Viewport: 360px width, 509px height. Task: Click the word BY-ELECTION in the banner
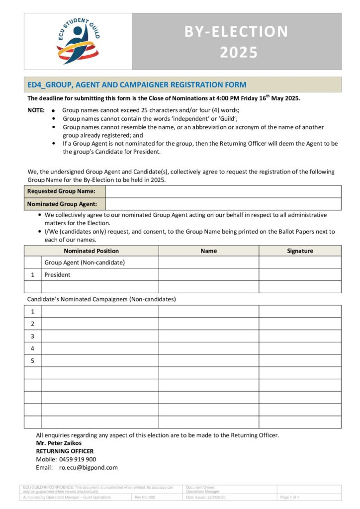point(236,31)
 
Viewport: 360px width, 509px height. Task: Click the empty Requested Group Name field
point(223,191)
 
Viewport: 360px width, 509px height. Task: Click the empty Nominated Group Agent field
point(223,204)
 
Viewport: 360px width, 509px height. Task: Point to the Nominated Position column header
point(91,251)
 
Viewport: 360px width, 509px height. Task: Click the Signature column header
point(300,251)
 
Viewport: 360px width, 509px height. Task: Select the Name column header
point(208,251)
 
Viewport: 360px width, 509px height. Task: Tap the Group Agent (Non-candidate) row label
point(85,262)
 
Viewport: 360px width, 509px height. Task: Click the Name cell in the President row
point(208,274)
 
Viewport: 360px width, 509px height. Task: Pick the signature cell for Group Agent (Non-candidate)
point(300,262)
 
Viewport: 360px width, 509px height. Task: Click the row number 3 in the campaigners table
point(33,336)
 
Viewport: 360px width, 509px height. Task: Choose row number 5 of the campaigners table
point(33,360)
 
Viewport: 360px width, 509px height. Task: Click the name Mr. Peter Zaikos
point(59,443)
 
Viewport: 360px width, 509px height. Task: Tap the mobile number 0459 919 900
point(78,459)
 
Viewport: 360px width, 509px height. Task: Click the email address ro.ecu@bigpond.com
point(89,468)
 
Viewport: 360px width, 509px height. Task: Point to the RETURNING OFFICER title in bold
point(65,451)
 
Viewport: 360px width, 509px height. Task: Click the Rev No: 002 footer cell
point(145,497)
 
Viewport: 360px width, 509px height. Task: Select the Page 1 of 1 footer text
point(289,497)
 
